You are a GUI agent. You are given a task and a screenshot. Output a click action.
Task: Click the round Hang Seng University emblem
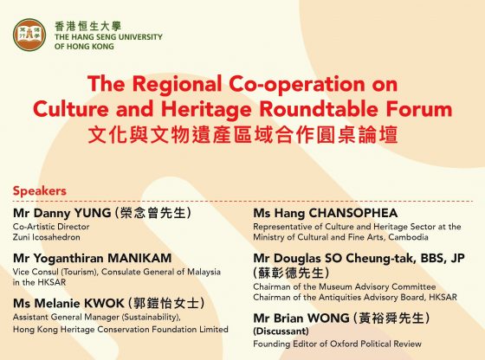point(29,35)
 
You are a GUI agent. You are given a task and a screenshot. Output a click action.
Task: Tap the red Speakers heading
point(40,190)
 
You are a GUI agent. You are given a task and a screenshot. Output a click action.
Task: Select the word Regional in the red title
point(178,84)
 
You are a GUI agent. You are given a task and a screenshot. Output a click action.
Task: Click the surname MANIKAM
point(139,258)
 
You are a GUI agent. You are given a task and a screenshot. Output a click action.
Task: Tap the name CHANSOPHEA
point(353,213)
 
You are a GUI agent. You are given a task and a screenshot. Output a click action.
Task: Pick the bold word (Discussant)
point(281,331)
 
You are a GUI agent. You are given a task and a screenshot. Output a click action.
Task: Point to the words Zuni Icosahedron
point(47,237)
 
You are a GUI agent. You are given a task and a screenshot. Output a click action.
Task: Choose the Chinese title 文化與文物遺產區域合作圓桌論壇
point(242,135)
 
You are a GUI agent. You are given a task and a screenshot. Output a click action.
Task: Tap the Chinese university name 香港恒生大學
point(87,26)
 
